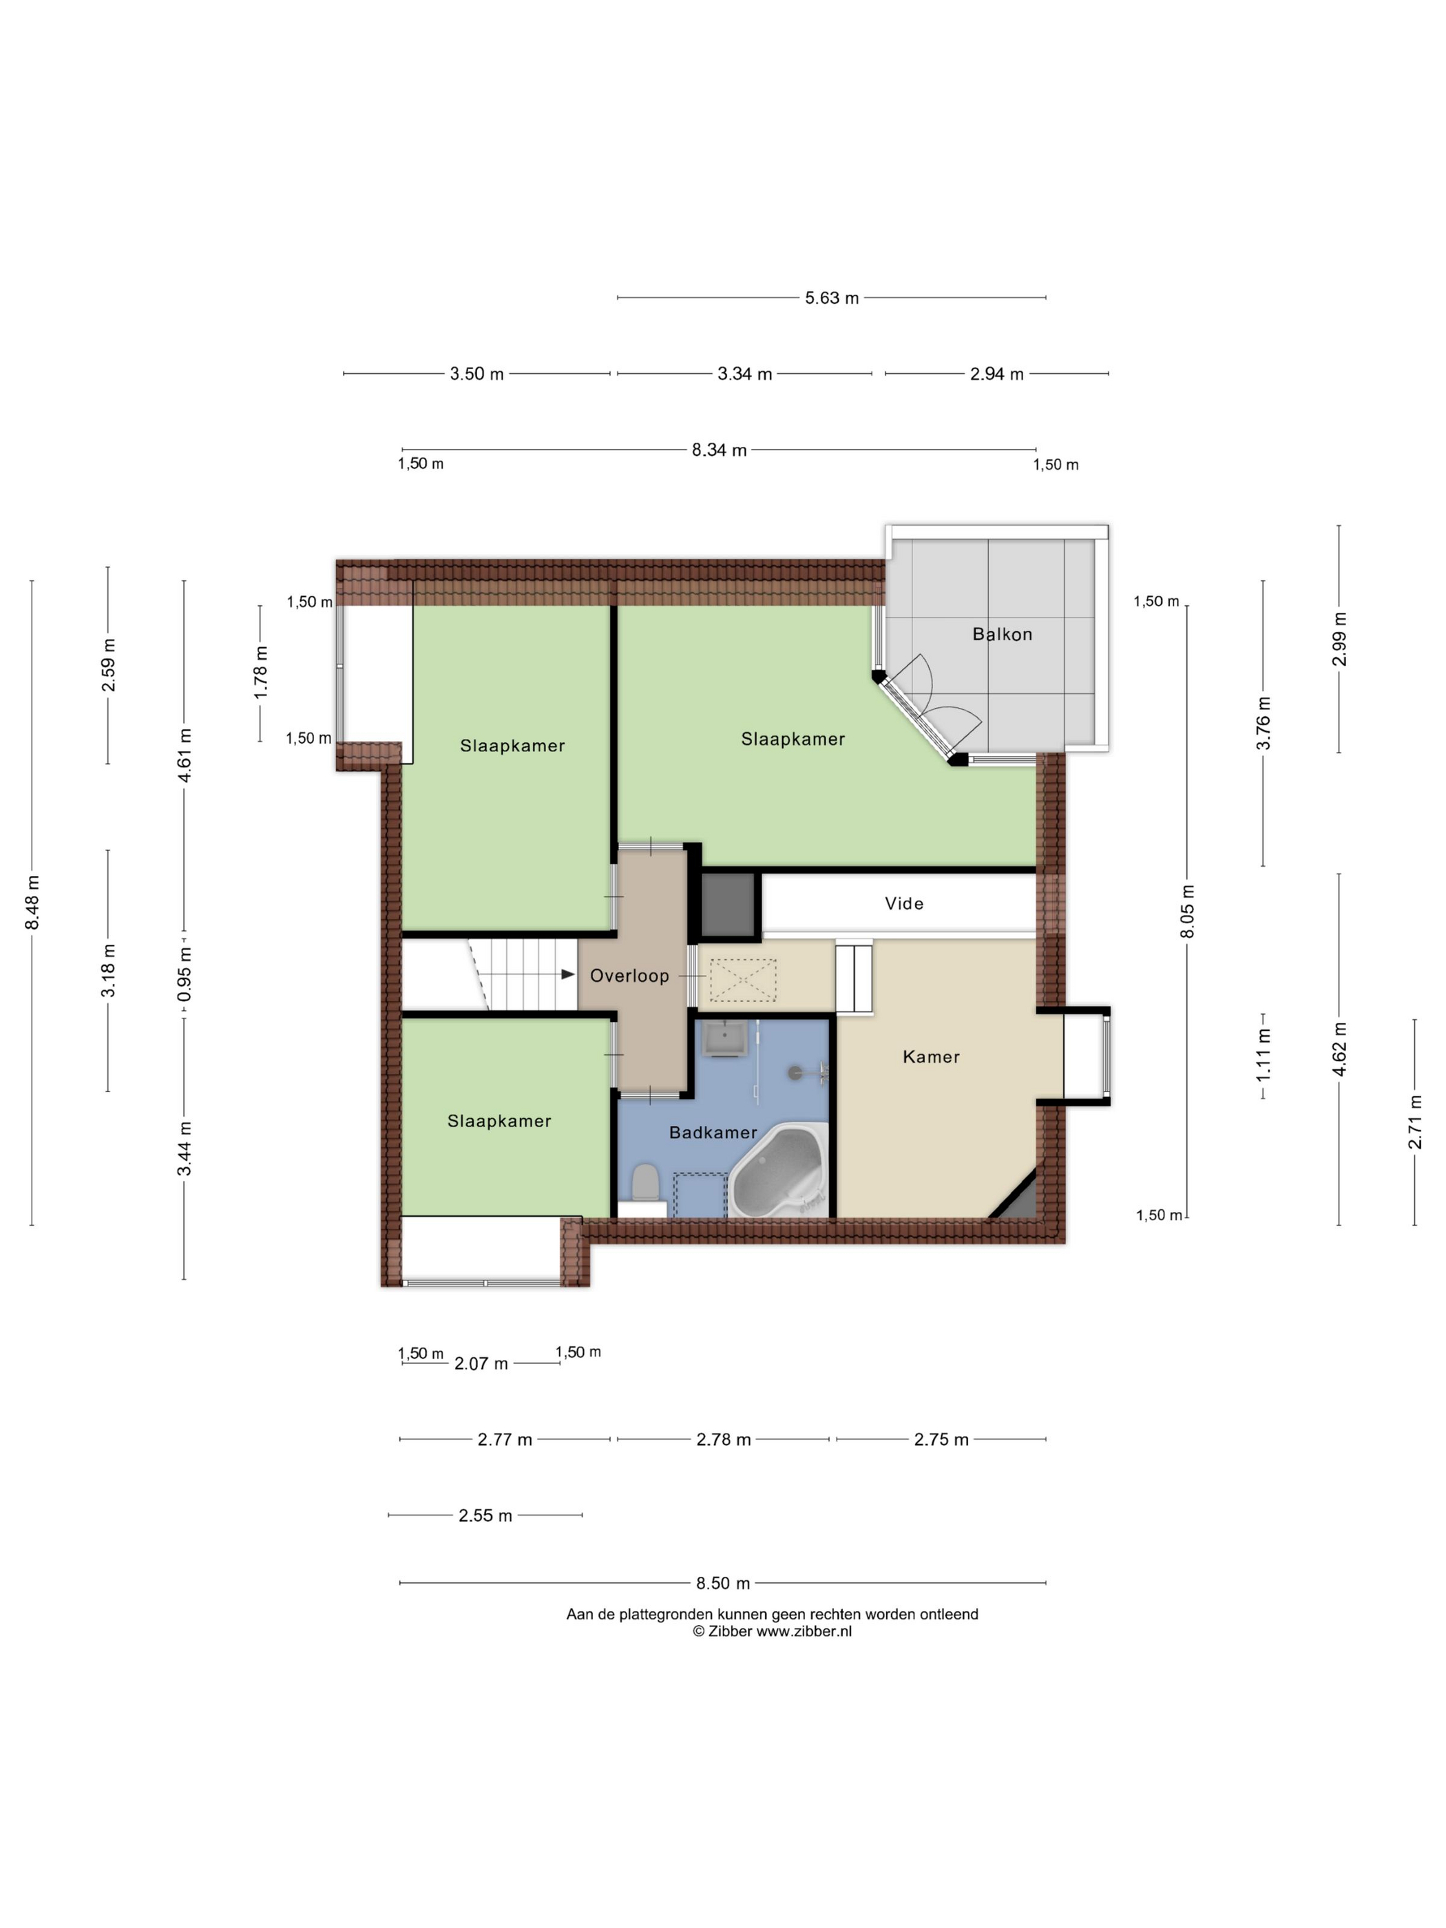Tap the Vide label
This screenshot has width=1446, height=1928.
click(x=904, y=903)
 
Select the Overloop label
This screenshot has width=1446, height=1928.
click(x=629, y=975)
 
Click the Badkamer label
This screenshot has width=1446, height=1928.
click(x=713, y=1132)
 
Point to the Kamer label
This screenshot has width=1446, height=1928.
click(x=931, y=1056)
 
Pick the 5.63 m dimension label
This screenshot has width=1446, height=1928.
click(x=832, y=298)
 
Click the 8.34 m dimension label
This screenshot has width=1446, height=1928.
click(x=719, y=450)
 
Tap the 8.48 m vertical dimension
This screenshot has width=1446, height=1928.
click(x=32, y=902)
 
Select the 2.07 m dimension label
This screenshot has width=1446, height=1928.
click(x=481, y=1363)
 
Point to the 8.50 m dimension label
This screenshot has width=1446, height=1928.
click(x=722, y=1583)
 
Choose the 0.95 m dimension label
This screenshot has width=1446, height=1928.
click(x=184, y=974)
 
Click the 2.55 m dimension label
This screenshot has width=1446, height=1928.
click(x=485, y=1516)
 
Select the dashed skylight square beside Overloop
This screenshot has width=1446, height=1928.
click(x=742, y=980)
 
